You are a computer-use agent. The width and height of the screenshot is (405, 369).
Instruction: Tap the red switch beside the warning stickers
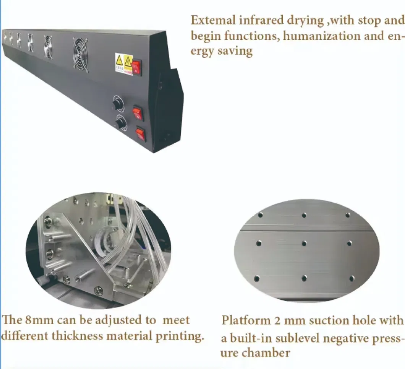136,67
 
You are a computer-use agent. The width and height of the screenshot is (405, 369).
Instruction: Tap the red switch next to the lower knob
140,134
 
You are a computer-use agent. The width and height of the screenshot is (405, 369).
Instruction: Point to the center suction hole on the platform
304,243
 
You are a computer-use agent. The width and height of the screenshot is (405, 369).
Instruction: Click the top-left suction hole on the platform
260,215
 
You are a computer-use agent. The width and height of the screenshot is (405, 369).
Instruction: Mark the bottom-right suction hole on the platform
352,278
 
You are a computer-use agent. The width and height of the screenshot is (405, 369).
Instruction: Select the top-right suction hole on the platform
348,215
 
